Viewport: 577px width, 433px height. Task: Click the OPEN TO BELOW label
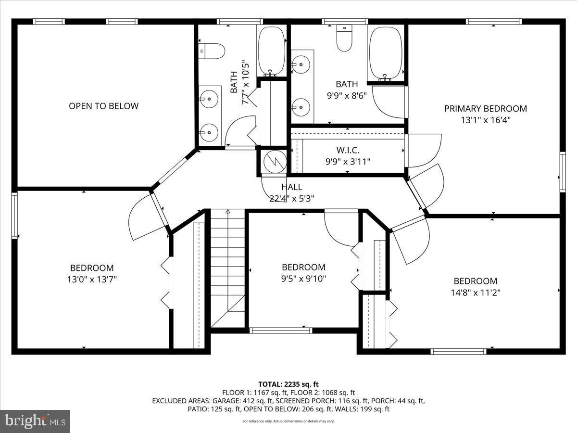pyautogui.click(x=103, y=106)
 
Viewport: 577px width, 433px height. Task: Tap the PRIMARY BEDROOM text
pyautogui.click(x=485, y=109)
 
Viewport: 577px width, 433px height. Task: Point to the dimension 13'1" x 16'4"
pyautogui.click(x=485, y=120)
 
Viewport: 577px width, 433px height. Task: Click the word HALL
pyautogui.click(x=292, y=187)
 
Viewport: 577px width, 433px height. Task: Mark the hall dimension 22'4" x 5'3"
pyautogui.click(x=292, y=198)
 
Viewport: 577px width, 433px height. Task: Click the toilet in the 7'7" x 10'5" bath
pyautogui.click(x=213, y=51)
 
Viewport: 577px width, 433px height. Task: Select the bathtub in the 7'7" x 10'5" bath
pyautogui.click(x=272, y=51)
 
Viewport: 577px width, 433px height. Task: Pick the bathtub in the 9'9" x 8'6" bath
pyautogui.click(x=385, y=53)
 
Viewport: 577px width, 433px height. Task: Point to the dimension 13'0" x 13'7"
pyautogui.click(x=92, y=279)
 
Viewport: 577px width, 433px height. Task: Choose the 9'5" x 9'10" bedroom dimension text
pyautogui.click(x=303, y=278)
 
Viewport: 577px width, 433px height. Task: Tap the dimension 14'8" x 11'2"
pyautogui.click(x=476, y=292)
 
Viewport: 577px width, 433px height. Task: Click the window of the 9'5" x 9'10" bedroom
pyautogui.click(x=281, y=330)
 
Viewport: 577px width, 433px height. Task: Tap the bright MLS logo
pyautogui.click(x=35, y=421)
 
